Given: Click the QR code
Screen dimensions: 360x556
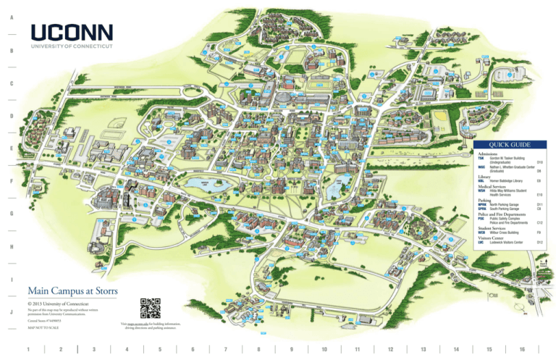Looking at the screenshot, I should [x=150, y=308].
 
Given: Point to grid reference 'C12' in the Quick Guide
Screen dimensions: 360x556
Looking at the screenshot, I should [x=539, y=223].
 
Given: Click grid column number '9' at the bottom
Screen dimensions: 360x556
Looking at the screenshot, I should [x=291, y=350].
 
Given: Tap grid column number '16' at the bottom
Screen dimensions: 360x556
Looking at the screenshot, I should [x=521, y=350].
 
